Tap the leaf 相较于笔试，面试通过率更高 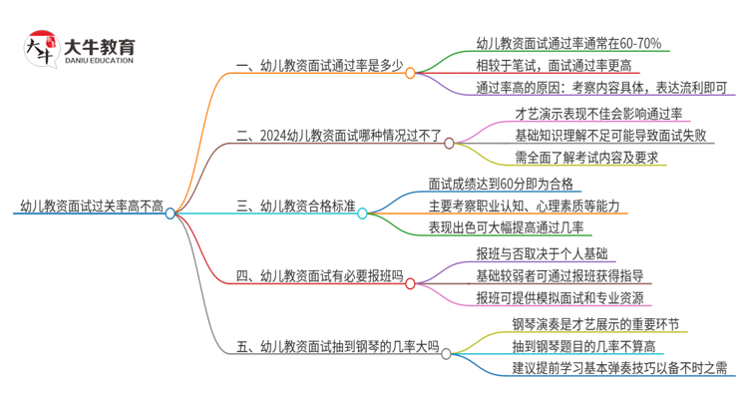554,66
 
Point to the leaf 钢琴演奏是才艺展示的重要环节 595,324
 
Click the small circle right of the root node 170,212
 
